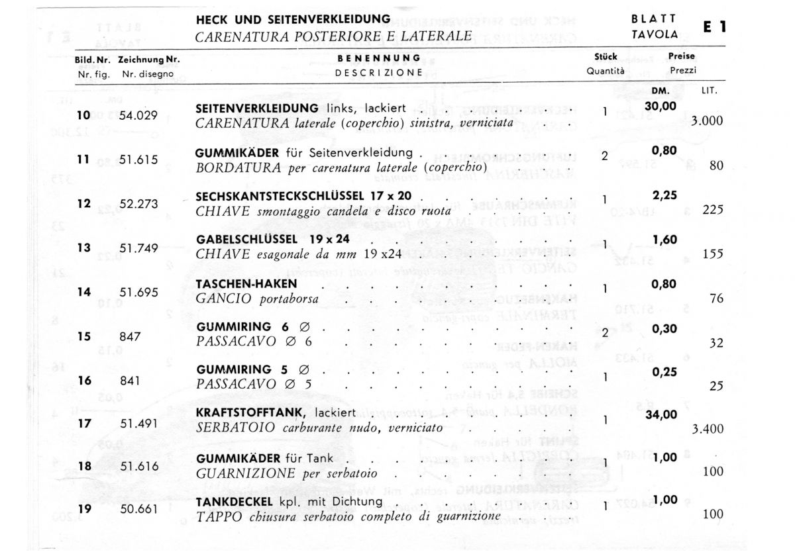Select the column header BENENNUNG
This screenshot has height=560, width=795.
(379, 58)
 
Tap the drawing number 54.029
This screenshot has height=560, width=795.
(138, 116)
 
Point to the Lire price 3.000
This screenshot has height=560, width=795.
(707, 122)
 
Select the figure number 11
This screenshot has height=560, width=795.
(83, 160)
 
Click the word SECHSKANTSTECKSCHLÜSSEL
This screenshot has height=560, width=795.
(280, 196)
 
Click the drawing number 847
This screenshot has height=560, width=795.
(130, 336)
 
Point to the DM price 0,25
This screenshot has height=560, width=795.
(664, 372)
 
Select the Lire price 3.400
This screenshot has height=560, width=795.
(707, 430)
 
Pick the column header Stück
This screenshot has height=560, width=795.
(606, 58)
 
